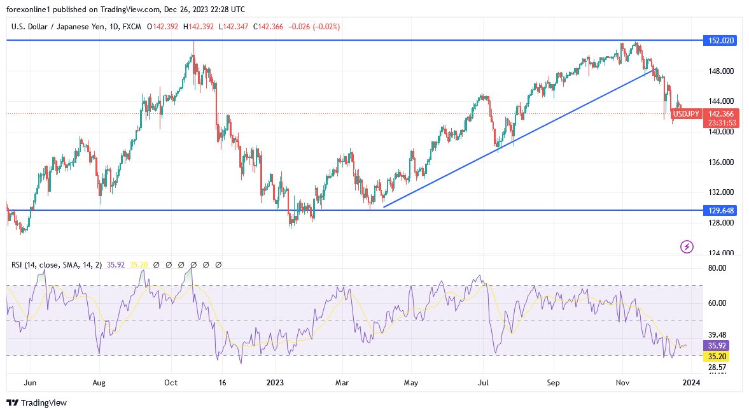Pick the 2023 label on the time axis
[274, 383]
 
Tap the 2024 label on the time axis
[692, 383]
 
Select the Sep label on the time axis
[554, 383]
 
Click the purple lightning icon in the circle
[687, 246]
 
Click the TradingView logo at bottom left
[36, 403]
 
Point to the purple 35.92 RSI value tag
[715, 345]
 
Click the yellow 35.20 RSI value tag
[715, 357]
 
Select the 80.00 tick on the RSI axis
[717, 268]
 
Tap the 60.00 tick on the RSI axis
[717, 303]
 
